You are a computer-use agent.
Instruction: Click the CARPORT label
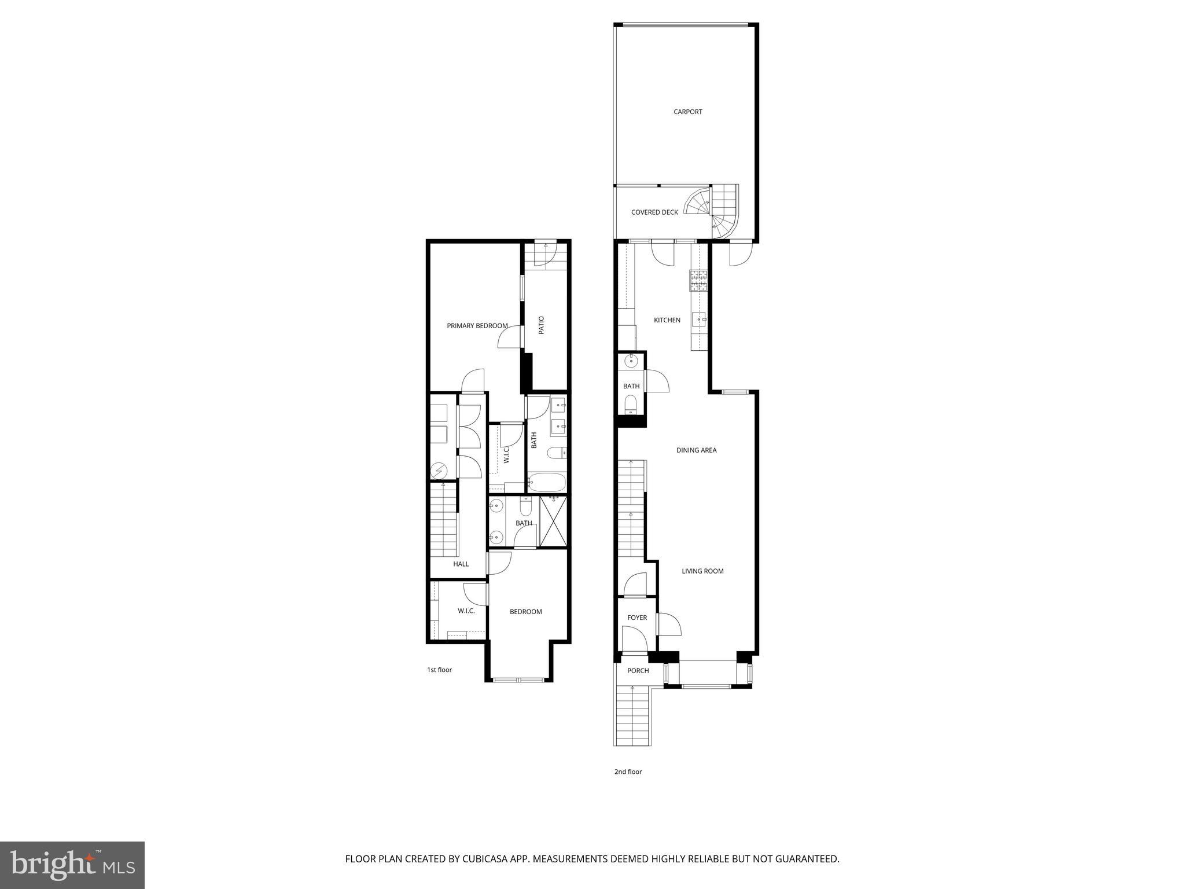(687, 112)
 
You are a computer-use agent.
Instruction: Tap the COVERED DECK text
(654, 212)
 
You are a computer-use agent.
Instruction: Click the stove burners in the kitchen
(698, 280)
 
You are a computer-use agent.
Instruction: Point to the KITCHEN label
(667, 320)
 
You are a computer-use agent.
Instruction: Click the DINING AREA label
(696, 450)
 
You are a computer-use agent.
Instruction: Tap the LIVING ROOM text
(702, 571)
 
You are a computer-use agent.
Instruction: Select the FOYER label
(637, 618)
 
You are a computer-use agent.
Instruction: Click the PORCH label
(638, 670)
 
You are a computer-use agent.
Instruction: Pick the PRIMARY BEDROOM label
(477, 326)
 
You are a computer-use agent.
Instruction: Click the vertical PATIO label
(542, 325)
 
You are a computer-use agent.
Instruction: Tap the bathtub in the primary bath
(546, 482)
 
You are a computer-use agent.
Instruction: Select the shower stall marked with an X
(554, 521)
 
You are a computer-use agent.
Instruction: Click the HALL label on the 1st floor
(461, 564)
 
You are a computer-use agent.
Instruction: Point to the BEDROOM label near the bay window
(525, 612)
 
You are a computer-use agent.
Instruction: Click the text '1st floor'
(439, 670)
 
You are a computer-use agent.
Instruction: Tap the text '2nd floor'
(628, 772)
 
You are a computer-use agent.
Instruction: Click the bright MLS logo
(72, 865)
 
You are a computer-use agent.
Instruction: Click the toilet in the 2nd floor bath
(631, 402)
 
